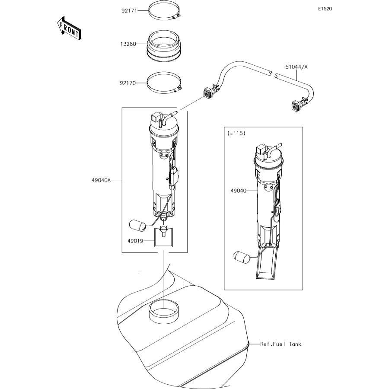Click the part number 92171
coord(129,11)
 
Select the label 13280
coord(128,44)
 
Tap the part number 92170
coord(128,83)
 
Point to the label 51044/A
coord(296,67)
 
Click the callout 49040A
coord(101,180)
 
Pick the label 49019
coord(135,241)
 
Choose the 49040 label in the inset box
coord(239,191)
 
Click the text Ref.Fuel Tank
coord(281,344)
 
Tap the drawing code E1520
coord(325,9)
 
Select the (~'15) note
coord(236,133)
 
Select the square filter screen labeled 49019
coord(164,237)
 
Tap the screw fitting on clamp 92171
coord(176,17)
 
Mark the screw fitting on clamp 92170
coord(178,89)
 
